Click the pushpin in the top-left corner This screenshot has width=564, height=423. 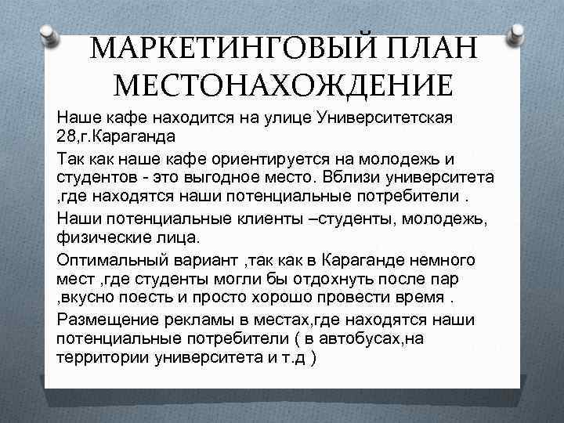pyautogui.click(x=49, y=32)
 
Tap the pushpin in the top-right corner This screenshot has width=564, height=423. pyautogui.click(x=518, y=32)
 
